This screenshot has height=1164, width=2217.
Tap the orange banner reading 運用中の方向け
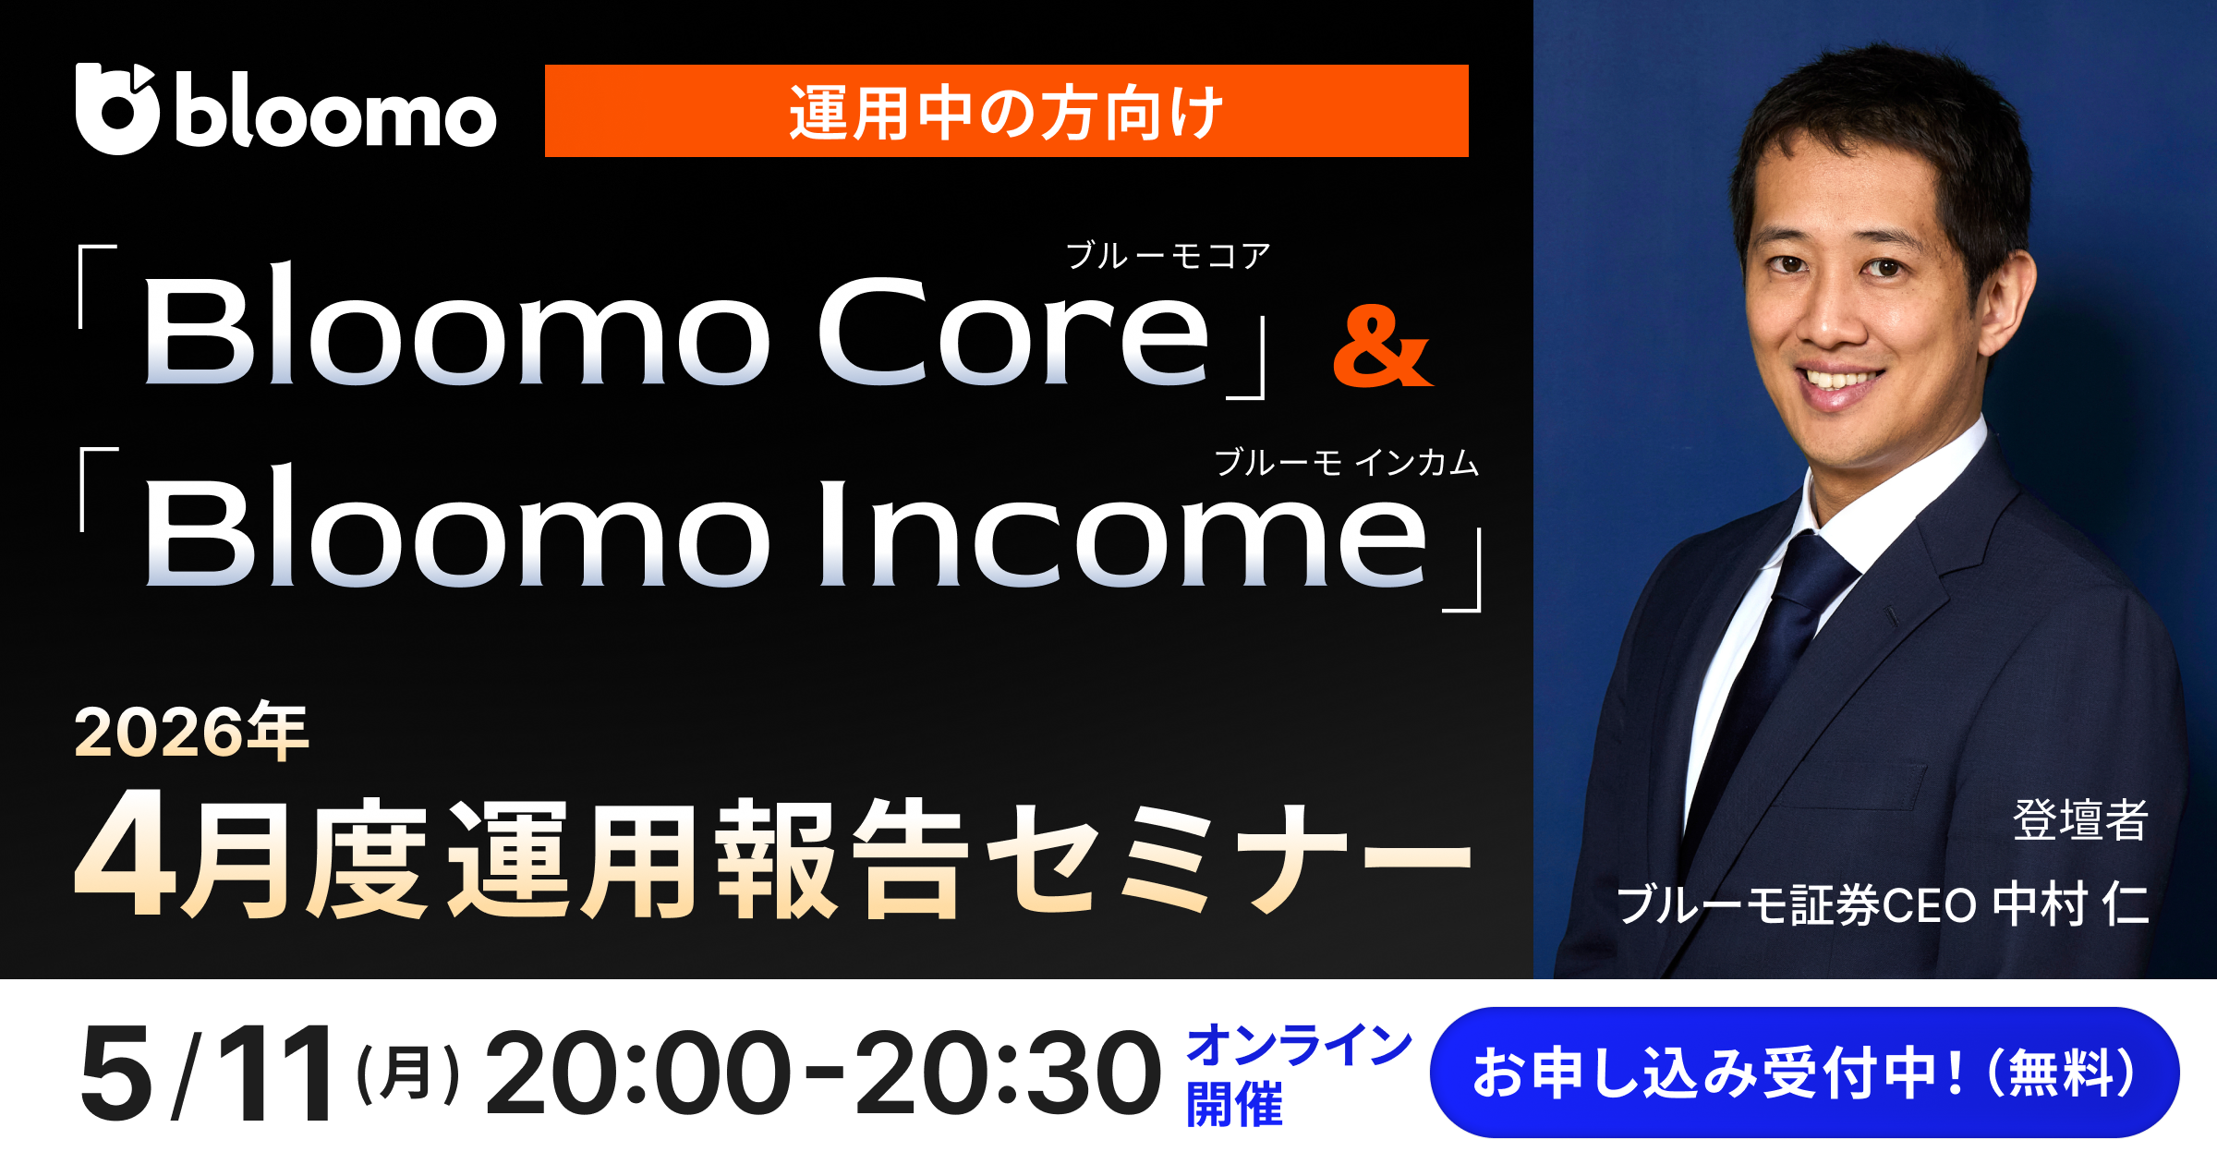(1006, 112)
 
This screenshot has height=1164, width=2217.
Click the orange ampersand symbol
(1382, 348)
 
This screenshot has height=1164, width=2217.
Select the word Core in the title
(1013, 333)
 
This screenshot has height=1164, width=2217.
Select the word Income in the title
(1121, 536)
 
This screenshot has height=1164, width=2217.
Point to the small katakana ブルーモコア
(1169, 256)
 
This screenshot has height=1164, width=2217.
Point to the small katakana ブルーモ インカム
(1346, 462)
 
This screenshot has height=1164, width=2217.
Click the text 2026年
(191, 733)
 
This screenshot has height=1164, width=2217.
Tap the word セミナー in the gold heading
(1229, 859)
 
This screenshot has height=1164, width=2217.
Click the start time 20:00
(637, 1074)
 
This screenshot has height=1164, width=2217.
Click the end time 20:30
(1007, 1074)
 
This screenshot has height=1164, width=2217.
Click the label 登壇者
(2080, 819)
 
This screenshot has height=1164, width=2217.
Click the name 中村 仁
(2069, 904)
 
